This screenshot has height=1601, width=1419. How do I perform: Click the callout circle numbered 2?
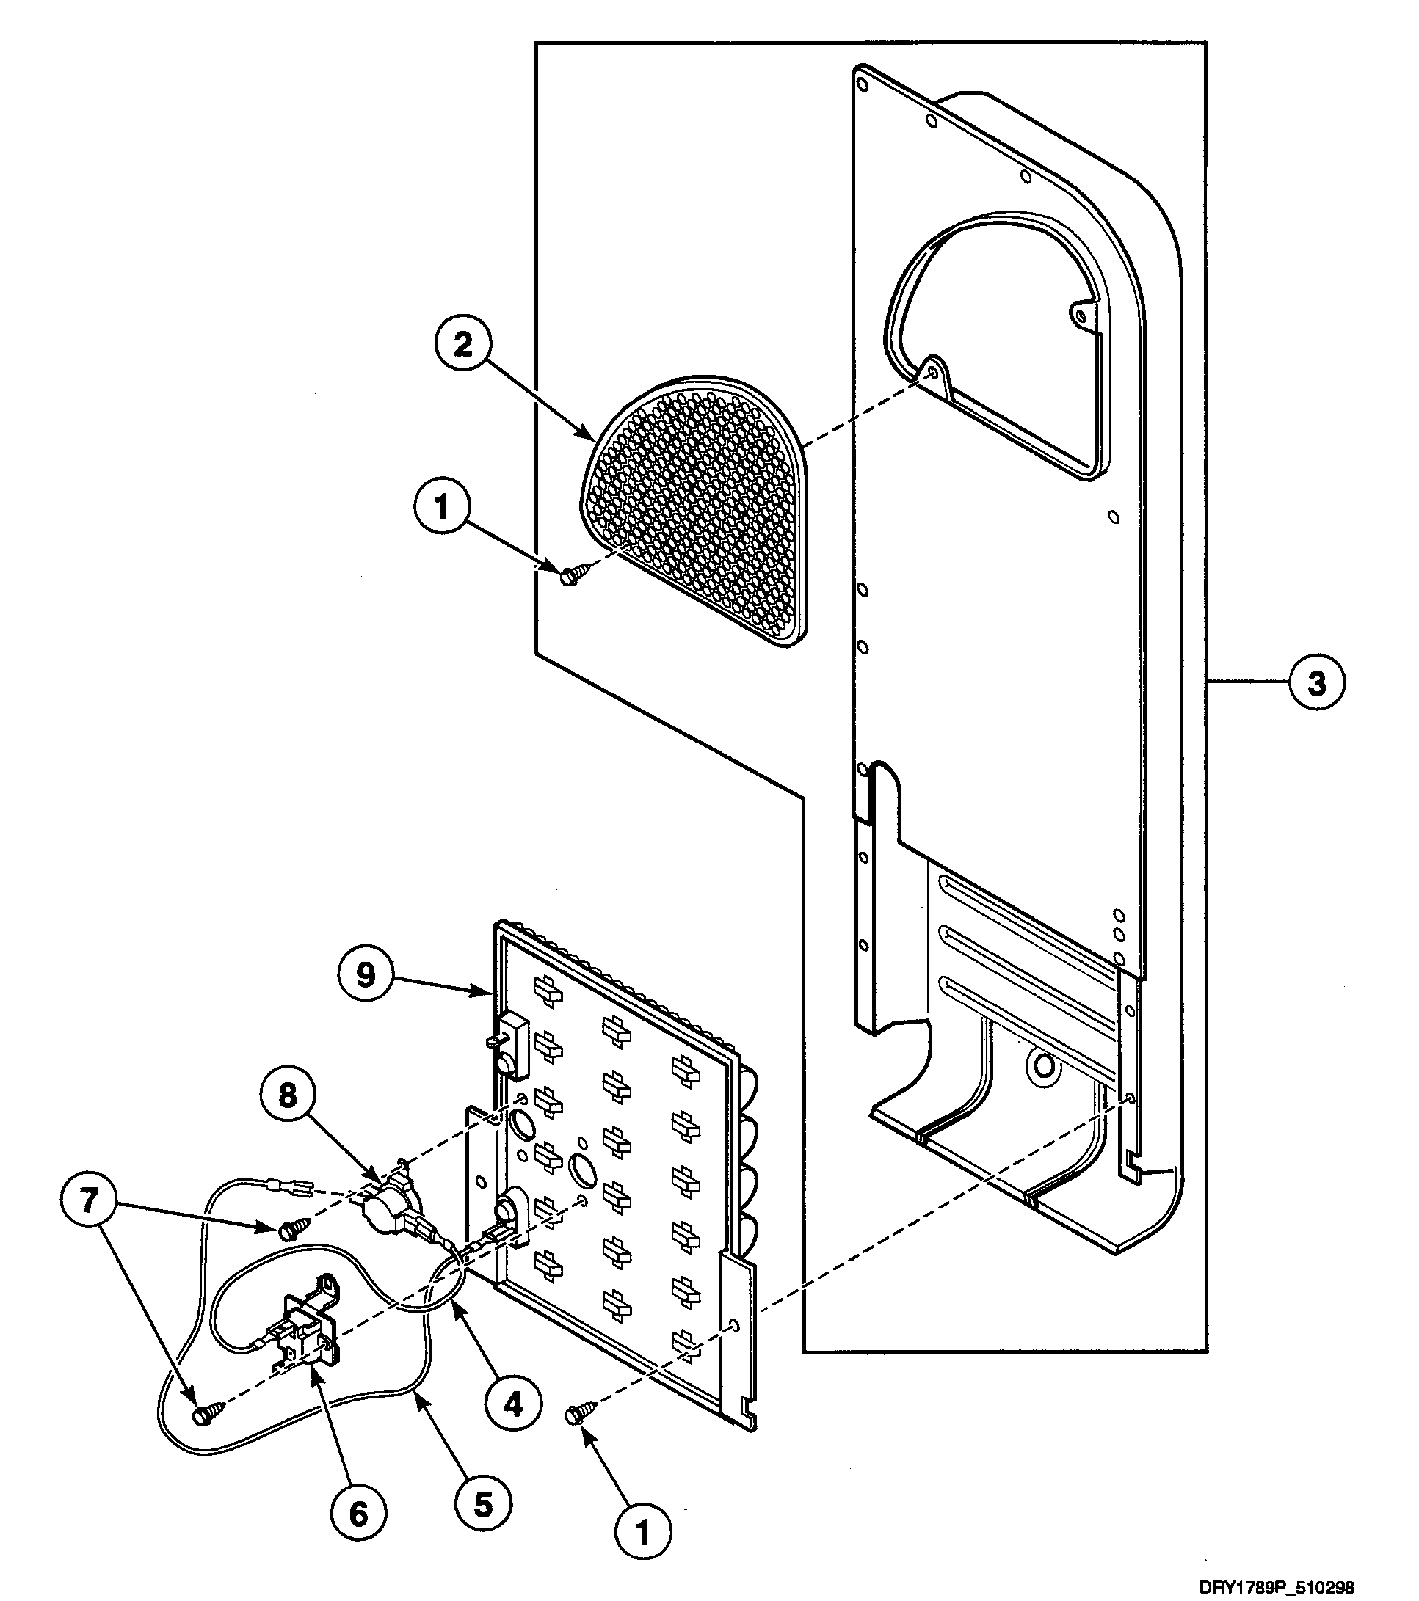[x=463, y=346]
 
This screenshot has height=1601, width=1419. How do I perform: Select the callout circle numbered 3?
[x=1316, y=683]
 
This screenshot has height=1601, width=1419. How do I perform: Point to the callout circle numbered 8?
[x=288, y=1095]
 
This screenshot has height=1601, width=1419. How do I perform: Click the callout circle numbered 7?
[x=89, y=1200]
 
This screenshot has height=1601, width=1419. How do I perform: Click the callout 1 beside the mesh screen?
[x=442, y=507]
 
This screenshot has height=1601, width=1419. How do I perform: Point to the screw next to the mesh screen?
[x=570, y=577]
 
